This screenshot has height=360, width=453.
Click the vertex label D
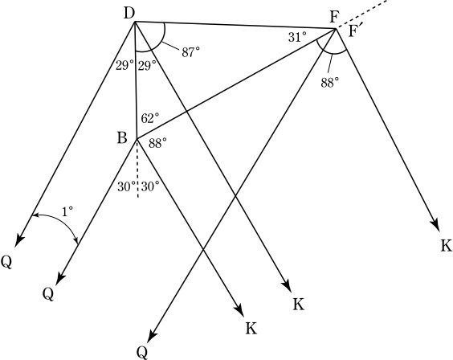coord(130,14)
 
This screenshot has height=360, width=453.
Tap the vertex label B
coord(122,138)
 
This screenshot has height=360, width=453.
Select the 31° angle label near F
coord(297,37)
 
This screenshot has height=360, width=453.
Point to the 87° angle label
coord(190,52)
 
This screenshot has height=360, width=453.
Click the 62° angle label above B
coord(150,118)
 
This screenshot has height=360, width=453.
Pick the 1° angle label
coord(67,212)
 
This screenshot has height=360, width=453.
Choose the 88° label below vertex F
coord(329,83)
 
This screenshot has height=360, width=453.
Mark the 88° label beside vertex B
coord(157,143)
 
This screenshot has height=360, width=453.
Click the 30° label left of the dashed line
coord(127,187)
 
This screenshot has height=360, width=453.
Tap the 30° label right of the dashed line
coord(150,187)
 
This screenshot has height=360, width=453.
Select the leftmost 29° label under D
coord(124,66)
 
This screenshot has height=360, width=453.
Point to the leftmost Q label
coord(6,263)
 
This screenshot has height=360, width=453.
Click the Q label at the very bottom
coord(142,353)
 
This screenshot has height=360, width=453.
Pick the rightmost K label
coord(447,246)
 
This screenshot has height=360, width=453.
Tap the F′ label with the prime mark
coord(355,31)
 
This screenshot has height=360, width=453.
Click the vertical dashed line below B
coord(138,169)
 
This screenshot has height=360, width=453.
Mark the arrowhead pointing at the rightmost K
coord(435,226)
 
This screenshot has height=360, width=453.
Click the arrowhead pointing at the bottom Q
coord(153,337)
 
